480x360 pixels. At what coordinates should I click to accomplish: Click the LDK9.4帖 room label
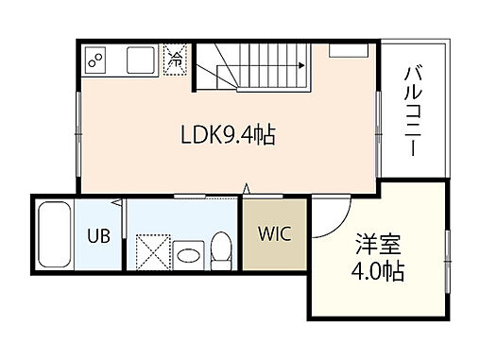(x=228, y=135)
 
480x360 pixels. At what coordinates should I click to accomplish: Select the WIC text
(x=274, y=232)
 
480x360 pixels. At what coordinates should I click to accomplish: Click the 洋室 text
(x=377, y=245)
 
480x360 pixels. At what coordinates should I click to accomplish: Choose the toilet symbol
(x=221, y=249)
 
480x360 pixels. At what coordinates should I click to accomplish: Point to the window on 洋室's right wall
(x=446, y=255)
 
